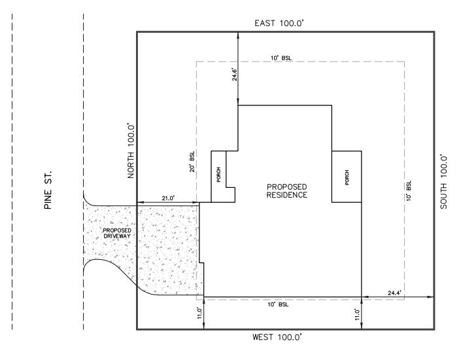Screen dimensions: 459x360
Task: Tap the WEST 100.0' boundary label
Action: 277,337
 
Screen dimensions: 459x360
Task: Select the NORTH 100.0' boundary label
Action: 131,151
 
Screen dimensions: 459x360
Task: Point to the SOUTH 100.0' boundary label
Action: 443,182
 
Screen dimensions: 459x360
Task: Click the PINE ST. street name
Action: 48,189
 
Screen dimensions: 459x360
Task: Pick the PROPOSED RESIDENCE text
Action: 287,191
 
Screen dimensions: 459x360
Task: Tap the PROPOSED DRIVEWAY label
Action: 117,233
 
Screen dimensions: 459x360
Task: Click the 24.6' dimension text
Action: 235,75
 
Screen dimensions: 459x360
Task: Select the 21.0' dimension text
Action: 168,198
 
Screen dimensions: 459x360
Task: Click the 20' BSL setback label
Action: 192,161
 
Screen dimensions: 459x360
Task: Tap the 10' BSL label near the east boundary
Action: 281,58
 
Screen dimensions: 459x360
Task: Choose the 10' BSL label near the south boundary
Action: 409,190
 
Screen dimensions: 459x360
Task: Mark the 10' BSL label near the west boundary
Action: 278,304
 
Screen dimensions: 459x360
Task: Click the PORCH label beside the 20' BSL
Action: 218,175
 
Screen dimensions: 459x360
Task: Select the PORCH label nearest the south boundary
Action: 347,177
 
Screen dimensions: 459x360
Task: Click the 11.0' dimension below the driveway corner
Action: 199,313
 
